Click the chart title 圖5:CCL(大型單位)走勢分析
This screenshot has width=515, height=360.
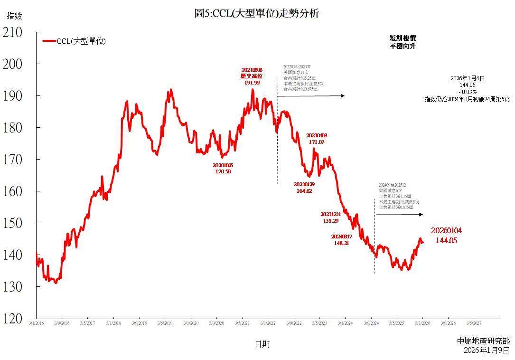point(257,13)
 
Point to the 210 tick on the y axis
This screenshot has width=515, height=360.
point(13,32)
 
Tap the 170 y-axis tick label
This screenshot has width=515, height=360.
point(13,160)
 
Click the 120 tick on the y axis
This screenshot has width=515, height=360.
point(13,319)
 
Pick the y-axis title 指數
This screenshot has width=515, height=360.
point(14,16)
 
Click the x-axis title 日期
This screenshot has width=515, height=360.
point(262,344)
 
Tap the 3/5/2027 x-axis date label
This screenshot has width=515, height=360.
point(474,323)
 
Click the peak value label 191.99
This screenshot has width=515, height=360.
point(252,83)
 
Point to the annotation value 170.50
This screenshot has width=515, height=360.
point(223,171)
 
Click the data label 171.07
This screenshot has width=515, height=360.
point(317,142)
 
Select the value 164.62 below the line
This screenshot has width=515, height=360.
point(304,191)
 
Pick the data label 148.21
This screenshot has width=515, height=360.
point(342,243)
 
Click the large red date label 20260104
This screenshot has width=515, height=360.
point(446,231)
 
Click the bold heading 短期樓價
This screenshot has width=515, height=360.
point(403,38)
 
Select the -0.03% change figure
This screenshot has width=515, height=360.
point(468,91)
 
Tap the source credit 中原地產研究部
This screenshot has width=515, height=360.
point(484,341)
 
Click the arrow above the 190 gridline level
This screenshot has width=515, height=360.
point(311,96)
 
